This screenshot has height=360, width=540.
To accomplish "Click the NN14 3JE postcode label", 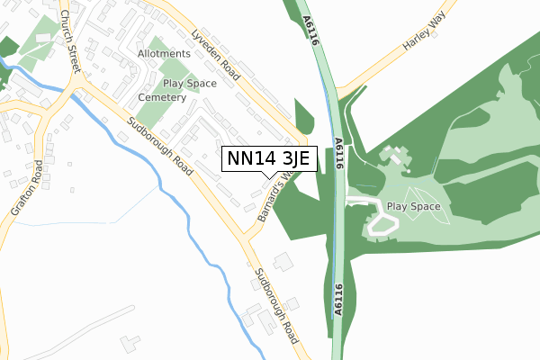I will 268,158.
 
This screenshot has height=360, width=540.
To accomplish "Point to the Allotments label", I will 164,54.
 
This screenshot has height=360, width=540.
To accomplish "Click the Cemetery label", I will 163,96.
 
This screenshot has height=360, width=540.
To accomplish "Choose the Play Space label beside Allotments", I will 190,83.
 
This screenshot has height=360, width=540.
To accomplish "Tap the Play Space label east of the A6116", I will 413,206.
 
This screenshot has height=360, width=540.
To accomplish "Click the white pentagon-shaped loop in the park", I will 382,225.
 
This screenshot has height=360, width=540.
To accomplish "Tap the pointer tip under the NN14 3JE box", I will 268,177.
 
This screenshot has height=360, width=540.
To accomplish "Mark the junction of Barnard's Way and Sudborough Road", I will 249,238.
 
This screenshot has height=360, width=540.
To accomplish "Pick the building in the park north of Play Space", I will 393,157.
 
